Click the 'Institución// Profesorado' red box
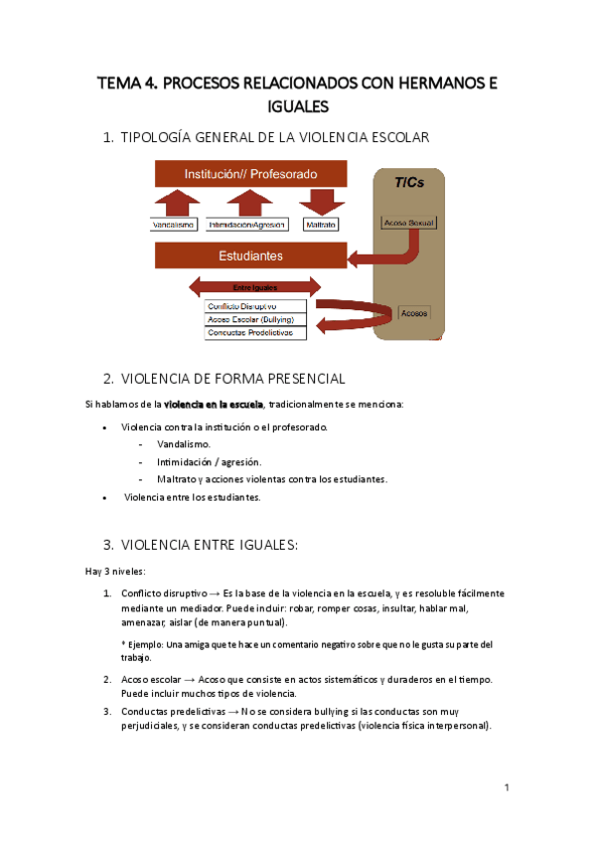tap(250, 174)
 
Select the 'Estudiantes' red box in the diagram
tap(250, 255)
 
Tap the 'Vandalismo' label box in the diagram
tap(174, 225)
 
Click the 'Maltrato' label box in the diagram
tap(320, 225)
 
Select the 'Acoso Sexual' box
tap(408, 222)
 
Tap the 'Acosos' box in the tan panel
tap(414, 312)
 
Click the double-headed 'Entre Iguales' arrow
tap(253, 287)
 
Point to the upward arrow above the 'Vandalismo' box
tap(174, 202)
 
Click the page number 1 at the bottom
tap(507, 787)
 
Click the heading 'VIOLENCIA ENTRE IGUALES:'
tap(209, 545)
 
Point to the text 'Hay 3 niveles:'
tap(115, 571)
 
